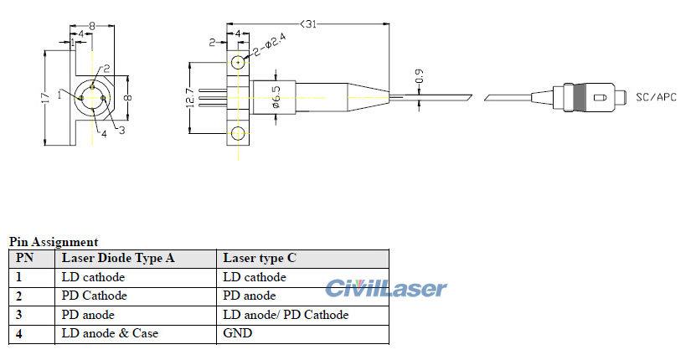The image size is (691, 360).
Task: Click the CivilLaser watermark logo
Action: [386, 289]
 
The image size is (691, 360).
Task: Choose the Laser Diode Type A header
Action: [118, 258]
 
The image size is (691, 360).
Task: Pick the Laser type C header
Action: [260, 258]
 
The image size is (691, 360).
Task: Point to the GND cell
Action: [237, 333]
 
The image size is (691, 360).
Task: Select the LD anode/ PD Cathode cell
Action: [286, 315]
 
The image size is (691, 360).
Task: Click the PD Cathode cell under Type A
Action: [94, 296]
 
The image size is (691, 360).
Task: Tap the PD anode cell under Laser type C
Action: [250, 296]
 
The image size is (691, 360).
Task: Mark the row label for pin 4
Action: [19, 333]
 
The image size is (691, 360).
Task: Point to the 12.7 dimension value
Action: [191, 97]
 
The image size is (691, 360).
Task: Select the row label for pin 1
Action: [19, 277]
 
